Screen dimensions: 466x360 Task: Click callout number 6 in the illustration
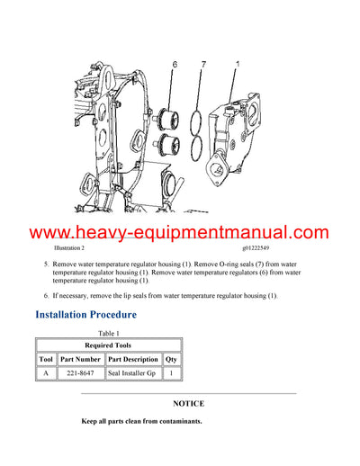176,65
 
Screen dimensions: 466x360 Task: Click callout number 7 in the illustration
204,65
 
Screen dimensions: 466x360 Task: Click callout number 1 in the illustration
237,65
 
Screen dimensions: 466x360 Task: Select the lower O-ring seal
206,147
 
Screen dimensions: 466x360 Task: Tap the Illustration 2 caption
69,246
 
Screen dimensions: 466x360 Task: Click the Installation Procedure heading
85,316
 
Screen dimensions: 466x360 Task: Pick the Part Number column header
80,359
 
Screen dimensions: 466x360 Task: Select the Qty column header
171,359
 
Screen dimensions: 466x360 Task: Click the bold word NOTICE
188,404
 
